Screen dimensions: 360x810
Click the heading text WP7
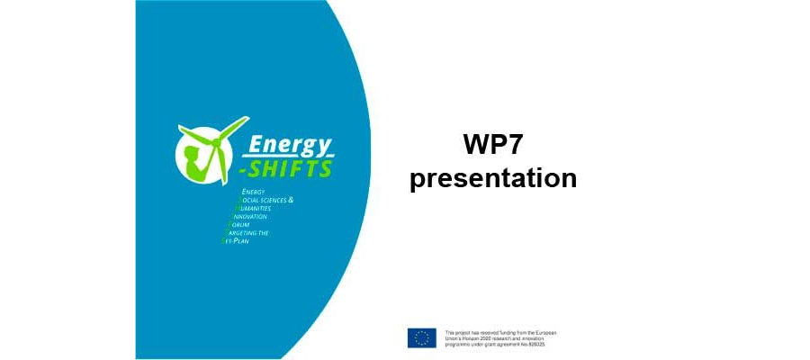point(493,145)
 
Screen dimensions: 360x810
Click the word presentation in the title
point(493,177)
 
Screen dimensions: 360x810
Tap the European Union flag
point(421,337)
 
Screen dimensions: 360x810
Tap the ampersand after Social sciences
point(291,199)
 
